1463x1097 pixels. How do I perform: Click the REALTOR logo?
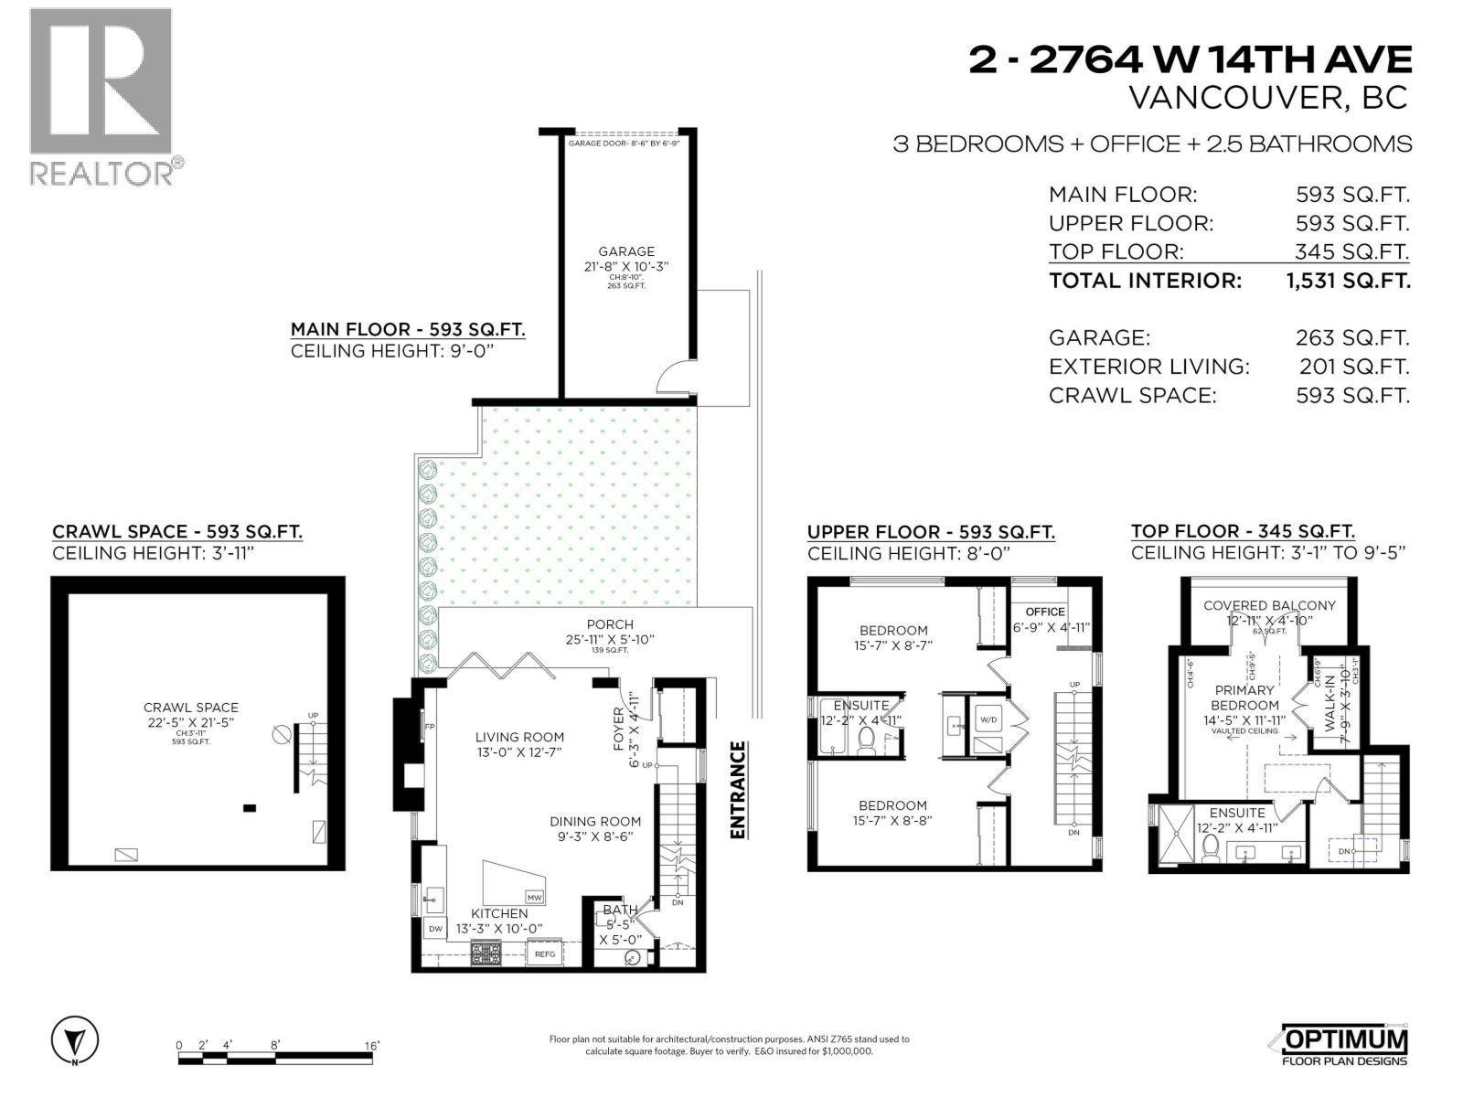(101, 95)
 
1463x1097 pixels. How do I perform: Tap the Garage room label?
(626, 251)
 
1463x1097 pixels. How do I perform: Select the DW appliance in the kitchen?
(435, 929)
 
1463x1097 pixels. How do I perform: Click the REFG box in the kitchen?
(545, 953)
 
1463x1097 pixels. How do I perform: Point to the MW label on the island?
(535, 897)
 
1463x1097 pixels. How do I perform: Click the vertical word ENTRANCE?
(738, 789)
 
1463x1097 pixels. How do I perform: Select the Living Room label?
(519, 737)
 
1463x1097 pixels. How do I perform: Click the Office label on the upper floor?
(1045, 612)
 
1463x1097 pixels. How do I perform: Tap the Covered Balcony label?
(1269, 605)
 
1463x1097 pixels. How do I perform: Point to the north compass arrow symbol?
(75, 1040)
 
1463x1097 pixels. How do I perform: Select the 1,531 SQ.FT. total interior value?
(1348, 281)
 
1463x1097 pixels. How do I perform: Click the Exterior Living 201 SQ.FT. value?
(1353, 367)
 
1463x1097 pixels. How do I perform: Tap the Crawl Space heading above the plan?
(177, 531)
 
